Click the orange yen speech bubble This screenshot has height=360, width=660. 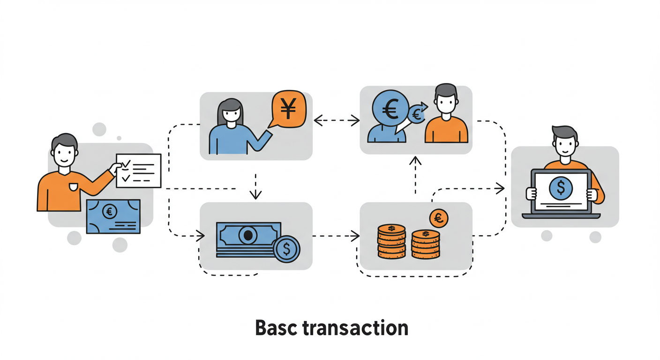point(288,110)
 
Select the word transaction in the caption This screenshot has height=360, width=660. point(355,328)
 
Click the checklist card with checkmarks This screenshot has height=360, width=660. point(139,171)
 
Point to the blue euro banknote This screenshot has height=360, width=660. point(113,216)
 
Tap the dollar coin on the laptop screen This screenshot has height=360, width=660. point(561,188)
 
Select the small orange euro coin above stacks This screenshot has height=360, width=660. point(439,218)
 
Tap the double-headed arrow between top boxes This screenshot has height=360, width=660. point(336,121)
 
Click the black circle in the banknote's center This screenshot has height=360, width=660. point(248,234)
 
